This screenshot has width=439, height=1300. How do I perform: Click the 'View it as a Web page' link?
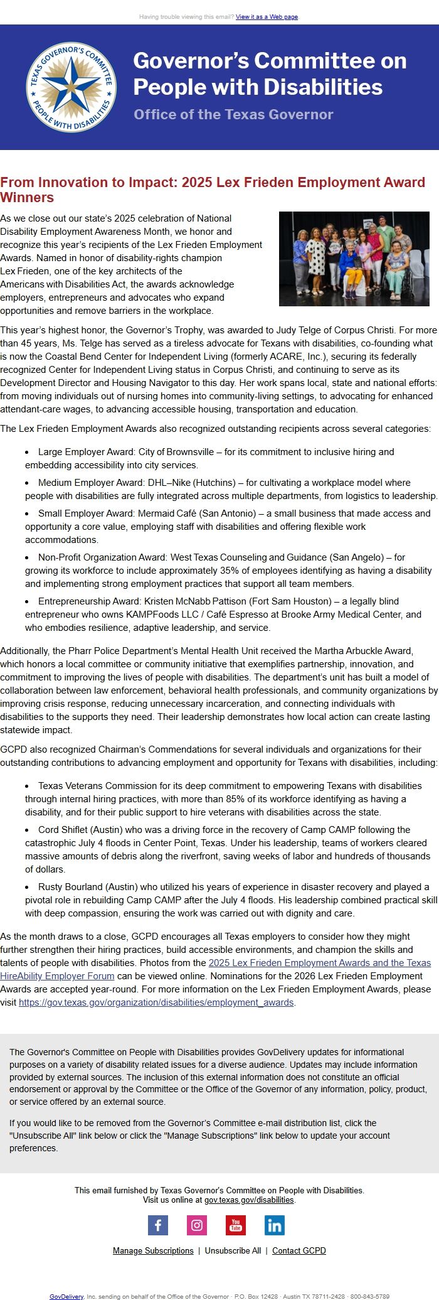pyautogui.click(x=267, y=17)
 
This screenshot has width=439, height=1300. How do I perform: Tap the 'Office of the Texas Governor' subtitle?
pyautogui.click(x=233, y=114)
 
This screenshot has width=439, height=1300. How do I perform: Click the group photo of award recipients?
pyautogui.click(x=354, y=259)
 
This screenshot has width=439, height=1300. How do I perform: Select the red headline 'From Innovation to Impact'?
pyautogui.click(x=213, y=189)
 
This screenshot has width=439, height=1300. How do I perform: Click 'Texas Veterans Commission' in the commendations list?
pyautogui.click(x=93, y=786)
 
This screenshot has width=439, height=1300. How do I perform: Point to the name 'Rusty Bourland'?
pyautogui.click(x=71, y=887)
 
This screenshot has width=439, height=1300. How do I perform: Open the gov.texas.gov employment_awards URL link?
pyautogui.click(x=156, y=1002)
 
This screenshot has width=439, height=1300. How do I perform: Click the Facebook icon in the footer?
pyautogui.click(x=158, y=1225)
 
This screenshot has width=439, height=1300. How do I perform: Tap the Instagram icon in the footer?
pyautogui.click(x=197, y=1225)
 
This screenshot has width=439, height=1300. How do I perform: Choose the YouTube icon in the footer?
pyautogui.click(x=236, y=1225)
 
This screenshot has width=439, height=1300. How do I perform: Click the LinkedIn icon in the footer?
pyautogui.click(x=274, y=1225)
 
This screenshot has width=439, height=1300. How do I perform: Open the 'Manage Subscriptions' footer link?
pyautogui.click(x=153, y=1250)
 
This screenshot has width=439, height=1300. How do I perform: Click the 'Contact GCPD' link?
pyautogui.click(x=299, y=1250)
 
